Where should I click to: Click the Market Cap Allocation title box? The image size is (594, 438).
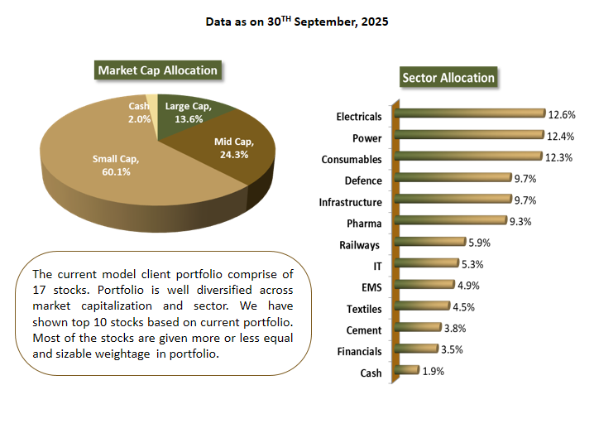(157, 70)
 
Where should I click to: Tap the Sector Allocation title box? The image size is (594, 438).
(448, 78)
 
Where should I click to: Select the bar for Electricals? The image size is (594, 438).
(471, 114)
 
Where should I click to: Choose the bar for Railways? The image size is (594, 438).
(430, 243)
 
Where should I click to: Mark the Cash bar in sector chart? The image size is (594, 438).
(408, 371)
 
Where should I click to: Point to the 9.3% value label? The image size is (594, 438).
(520, 222)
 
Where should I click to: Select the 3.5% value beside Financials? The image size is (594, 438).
(450, 349)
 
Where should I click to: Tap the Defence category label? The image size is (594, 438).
(363, 180)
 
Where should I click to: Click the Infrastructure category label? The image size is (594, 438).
(350, 202)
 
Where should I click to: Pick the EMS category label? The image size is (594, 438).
(371, 288)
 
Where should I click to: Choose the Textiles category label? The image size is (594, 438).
(364, 310)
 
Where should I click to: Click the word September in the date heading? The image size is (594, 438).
(325, 22)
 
